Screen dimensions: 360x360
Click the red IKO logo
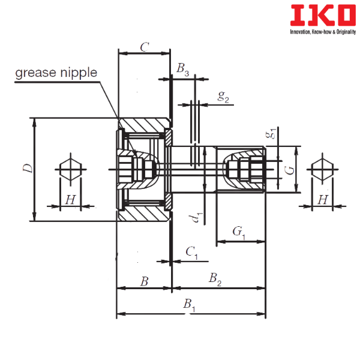pos(323,16)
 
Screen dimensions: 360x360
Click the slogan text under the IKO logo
pos(323,32)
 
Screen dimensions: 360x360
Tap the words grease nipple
pos(56,73)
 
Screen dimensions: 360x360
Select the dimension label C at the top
pos(145,47)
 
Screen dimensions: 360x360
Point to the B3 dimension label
pos(183,69)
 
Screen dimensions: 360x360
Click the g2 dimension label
pos(223,97)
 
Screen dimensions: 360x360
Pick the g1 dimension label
pos(271,133)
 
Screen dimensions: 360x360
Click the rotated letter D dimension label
pos(28,168)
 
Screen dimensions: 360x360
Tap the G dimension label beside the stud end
pos(289,170)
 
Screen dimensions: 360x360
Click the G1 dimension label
pos(239,232)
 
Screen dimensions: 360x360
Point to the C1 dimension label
pos(191,253)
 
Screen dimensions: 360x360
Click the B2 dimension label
pos(215,279)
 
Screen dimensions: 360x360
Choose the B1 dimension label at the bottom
pos(189,305)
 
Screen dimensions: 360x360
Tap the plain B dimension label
pos(145,281)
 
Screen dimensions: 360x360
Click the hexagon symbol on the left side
pos(70,169)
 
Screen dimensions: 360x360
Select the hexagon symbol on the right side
pos(323,169)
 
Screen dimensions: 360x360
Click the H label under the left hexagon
pos(70,200)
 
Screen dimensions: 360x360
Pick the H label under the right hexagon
pos(323,200)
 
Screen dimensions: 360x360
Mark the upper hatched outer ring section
pos(145,125)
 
